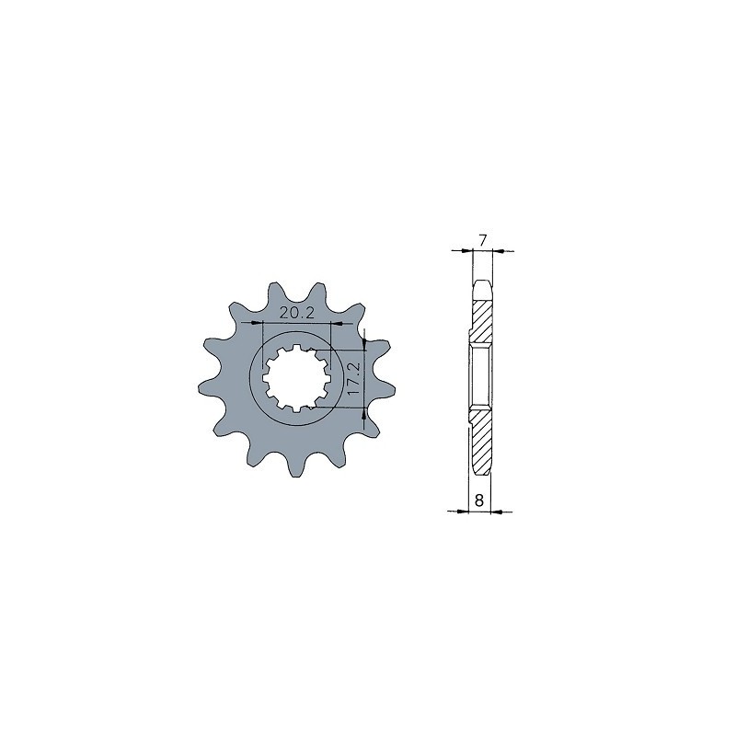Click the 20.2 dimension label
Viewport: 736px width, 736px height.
tap(296, 313)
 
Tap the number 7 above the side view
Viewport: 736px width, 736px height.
tap(482, 240)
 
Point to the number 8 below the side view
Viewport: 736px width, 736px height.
tap(478, 500)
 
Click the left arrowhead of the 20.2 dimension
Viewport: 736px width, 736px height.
tap(258, 323)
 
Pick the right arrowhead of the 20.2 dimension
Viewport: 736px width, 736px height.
tap(337, 323)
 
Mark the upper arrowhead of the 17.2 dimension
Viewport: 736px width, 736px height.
tap(364, 344)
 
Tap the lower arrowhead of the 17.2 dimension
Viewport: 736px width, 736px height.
tap(364, 413)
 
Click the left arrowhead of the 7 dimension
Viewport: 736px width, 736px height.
tap(466, 250)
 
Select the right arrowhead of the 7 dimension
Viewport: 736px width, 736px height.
tap(500, 250)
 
